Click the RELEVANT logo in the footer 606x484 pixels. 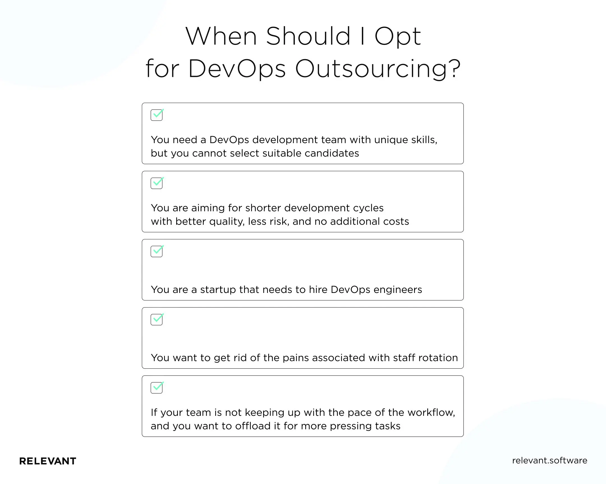[x=47, y=461]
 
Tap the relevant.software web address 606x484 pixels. [x=550, y=460]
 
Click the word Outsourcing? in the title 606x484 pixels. [x=378, y=69]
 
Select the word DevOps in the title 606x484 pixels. [x=237, y=69]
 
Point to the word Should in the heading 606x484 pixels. [x=308, y=36]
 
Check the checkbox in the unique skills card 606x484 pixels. [x=157, y=115]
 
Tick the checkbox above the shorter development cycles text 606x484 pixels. [x=157, y=183]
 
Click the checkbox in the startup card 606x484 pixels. [x=157, y=251]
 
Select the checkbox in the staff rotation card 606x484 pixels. [x=157, y=320]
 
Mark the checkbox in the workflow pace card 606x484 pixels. [x=157, y=388]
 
